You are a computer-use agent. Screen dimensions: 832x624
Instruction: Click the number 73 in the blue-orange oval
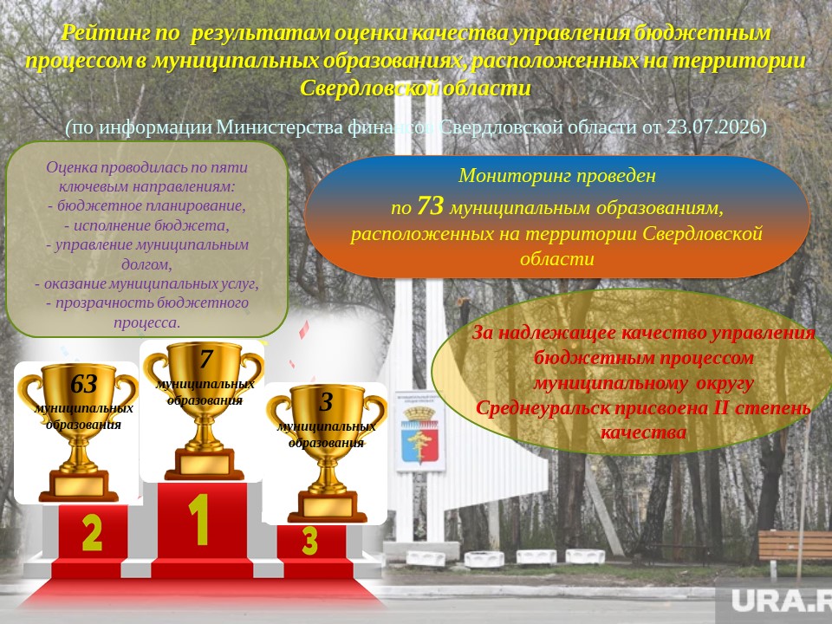[430, 206]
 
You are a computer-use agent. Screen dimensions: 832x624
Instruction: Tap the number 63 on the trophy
[83, 384]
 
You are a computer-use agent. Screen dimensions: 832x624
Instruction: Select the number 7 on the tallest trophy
[206, 359]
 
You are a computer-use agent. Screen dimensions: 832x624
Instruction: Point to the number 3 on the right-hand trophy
[326, 402]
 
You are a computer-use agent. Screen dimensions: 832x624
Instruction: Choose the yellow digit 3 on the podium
[310, 541]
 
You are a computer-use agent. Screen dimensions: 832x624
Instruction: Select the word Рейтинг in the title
[105, 33]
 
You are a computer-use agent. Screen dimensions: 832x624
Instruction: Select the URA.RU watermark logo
[781, 601]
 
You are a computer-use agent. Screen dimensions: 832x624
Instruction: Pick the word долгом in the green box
[146, 263]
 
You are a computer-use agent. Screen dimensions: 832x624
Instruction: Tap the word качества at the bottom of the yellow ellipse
[643, 432]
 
